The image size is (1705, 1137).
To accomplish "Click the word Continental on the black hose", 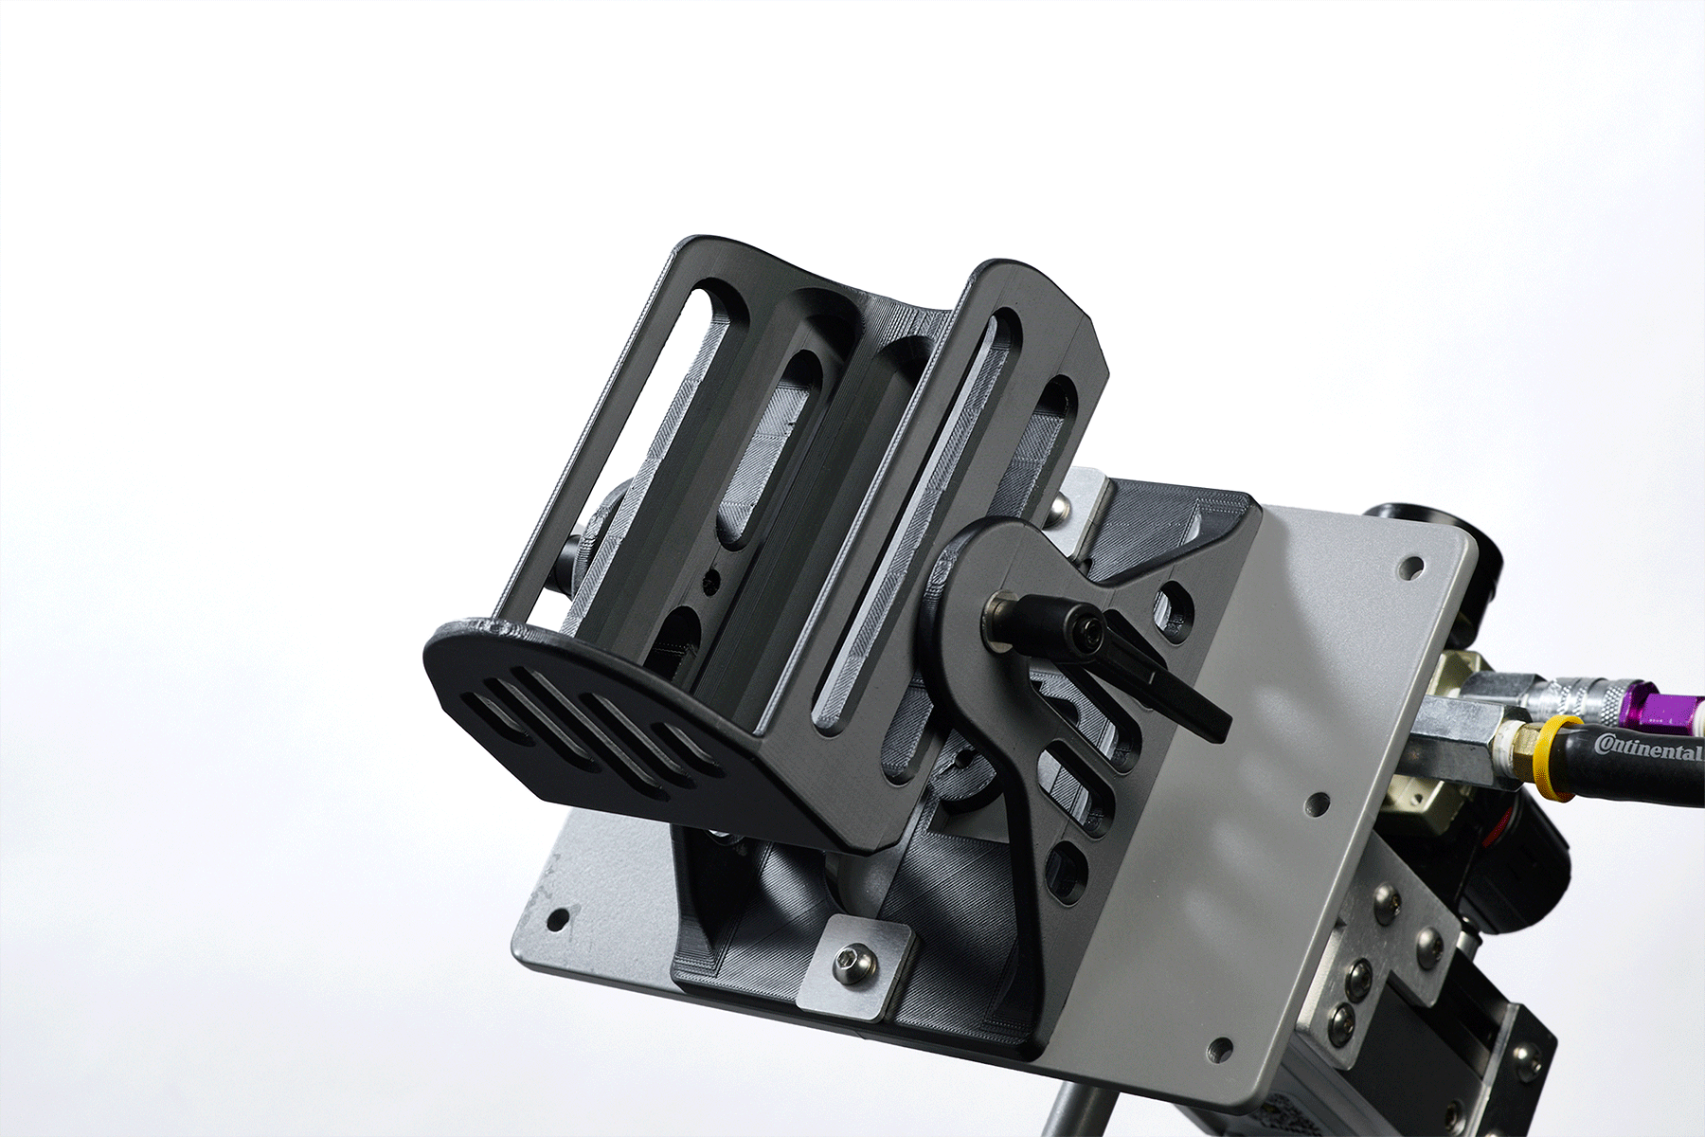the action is tap(1647, 747).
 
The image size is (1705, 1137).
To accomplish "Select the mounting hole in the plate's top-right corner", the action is tap(1410, 568).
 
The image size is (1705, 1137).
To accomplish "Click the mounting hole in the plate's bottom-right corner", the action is tap(1219, 1050).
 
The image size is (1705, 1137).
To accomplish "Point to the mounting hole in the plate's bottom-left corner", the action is tap(559, 917).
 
